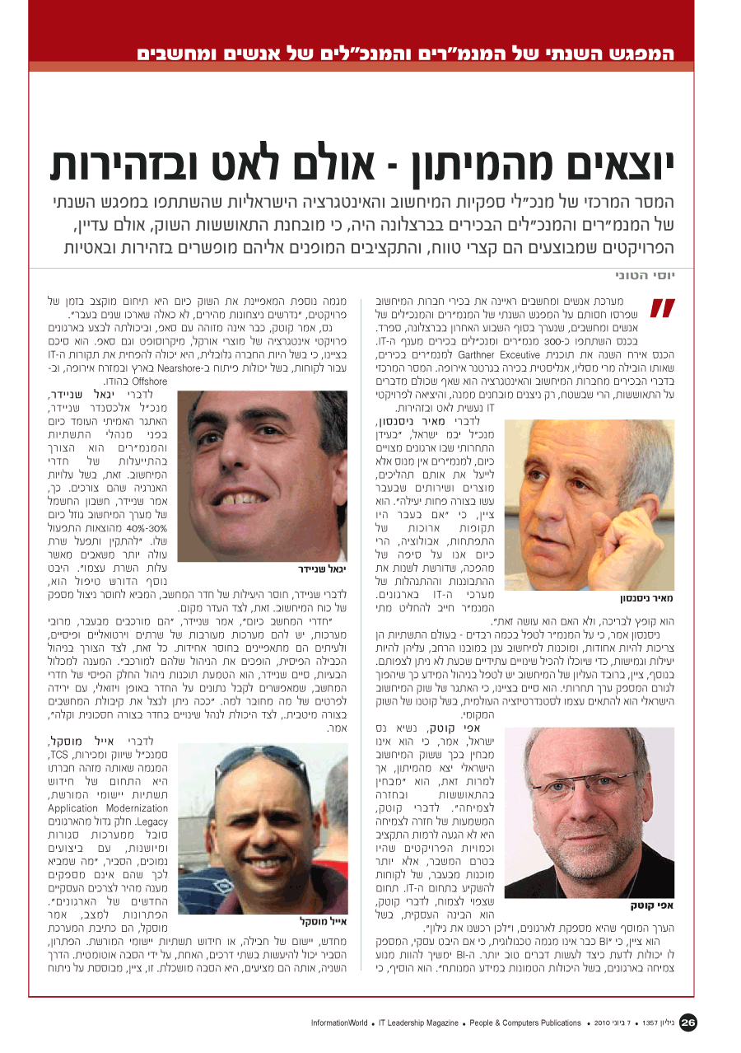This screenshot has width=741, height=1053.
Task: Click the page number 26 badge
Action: tap(688, 1023)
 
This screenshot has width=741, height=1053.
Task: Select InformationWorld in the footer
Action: tap(339, 1023)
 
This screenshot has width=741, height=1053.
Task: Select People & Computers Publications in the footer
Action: tap(525, 1023)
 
